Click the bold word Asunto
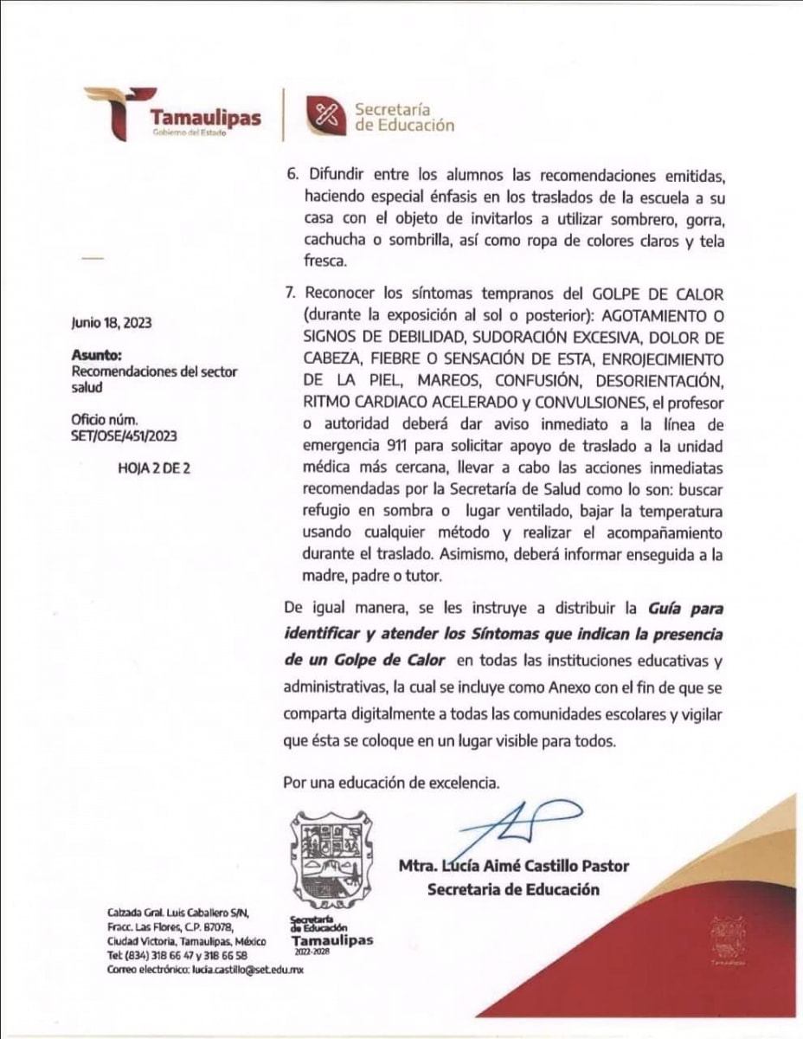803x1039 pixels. pyautogui.click(x=97, y=355)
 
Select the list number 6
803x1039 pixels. pyautogui.click(x=291, y=174)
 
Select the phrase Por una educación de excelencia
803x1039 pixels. pyautogui.click(x=391, y=784)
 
